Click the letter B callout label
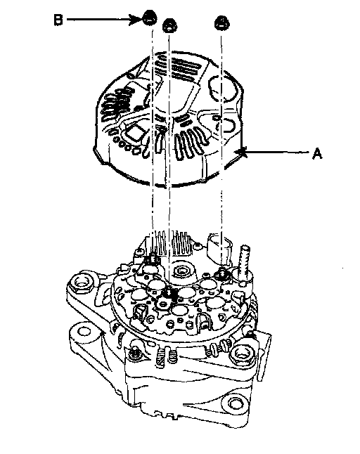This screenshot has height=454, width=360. [x=58, y=20]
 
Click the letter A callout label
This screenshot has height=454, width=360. [x=317, y=153]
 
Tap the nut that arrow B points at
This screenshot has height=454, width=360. [x=150, y=18]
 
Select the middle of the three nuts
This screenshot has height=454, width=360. [x=169, y=25]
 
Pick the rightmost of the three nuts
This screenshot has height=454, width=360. [x=221, y=22]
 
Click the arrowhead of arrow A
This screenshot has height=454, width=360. [x=241, y=152]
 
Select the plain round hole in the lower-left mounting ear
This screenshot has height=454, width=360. [x=84, y=331]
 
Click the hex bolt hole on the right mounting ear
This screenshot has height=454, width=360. [x=241, y=353]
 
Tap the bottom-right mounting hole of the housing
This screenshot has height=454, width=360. [x=234, y=402]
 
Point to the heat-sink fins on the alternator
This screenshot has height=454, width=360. [x=170, y=242]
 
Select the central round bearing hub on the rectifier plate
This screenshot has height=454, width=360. [x=181, y=271]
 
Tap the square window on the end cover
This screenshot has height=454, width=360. [x=134, y=134]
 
